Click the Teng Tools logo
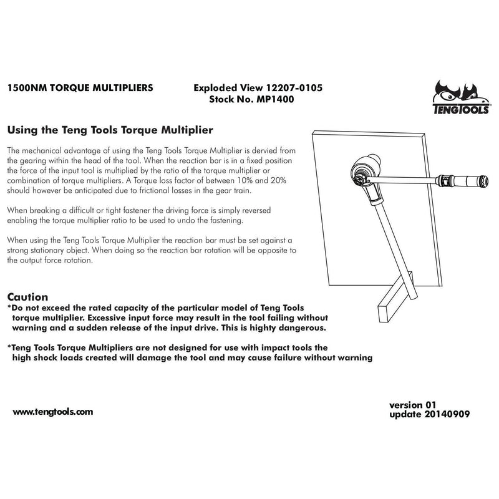point(461,97)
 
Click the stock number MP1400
point(275,99)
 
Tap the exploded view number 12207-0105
point(294,88)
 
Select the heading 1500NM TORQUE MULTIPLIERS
point(80,88)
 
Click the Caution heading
point(27,297)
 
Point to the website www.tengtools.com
point(53,412)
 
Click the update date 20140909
point(447,414)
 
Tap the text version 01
point(412,405)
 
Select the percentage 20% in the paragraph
point(278,180)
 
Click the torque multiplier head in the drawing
point(366,173)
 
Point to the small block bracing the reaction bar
point(395,297)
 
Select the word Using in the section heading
point(22,130)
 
